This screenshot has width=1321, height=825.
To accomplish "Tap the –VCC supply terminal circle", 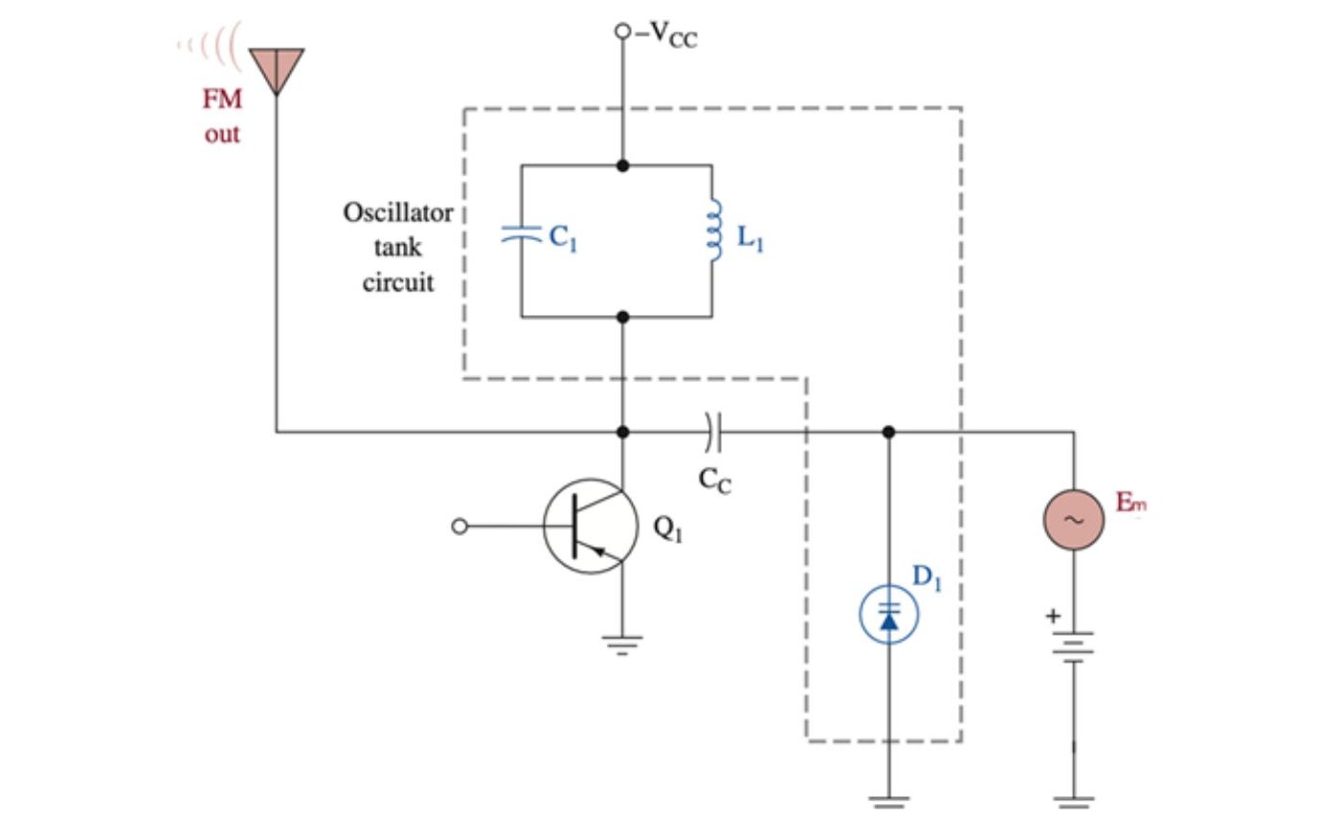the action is tap(623, 31).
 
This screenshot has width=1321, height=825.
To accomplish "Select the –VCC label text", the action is tap(666, 34).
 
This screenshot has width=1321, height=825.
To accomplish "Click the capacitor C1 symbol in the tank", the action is tap(522, 234).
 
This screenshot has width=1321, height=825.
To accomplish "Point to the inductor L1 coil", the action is tap(714, 230).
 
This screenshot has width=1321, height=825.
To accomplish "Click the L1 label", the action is tap(750, 239).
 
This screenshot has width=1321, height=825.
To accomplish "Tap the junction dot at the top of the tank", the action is tap(623, 166).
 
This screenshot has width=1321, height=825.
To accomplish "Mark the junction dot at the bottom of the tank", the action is tap(623, 317).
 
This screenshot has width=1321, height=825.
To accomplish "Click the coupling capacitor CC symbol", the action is tap(713, 433).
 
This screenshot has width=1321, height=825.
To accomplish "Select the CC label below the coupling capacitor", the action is tap(715, 480).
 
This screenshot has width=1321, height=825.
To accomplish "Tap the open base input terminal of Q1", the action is tap(459, 526).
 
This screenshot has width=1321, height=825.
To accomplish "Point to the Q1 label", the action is tap(668, 528).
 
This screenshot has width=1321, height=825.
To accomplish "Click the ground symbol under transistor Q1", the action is tap(622, 645).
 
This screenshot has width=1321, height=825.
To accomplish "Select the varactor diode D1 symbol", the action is tap(888, 613).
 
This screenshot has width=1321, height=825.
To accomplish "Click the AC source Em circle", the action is tap(1074, 520).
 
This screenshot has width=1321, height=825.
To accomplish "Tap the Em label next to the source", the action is tap(1131, 502).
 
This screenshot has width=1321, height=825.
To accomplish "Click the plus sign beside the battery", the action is tap(1053, 616).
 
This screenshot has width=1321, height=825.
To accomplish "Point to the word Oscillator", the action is tap(398, 212).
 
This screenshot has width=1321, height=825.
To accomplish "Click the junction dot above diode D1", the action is tap(888, 433).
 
